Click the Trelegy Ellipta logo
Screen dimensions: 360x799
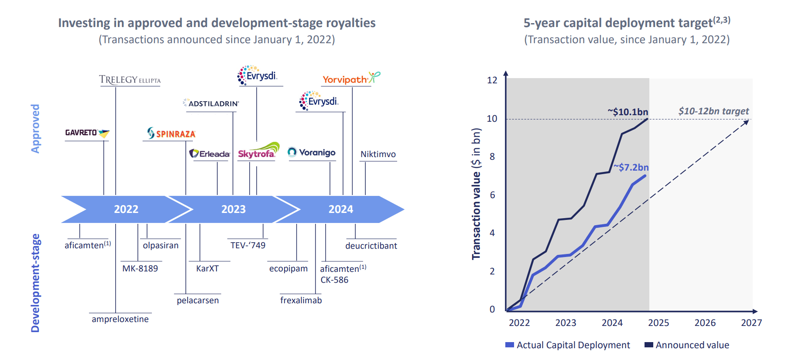(130, 80)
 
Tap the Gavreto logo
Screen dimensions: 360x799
(87, 133)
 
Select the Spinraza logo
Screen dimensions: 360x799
(171, 134)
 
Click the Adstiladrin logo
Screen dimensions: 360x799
(211, 103)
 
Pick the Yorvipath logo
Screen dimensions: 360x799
(351, 79)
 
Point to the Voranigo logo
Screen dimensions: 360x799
(312, 152)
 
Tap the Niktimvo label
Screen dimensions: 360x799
(378, 154)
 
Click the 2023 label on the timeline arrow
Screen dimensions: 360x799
(233, 209)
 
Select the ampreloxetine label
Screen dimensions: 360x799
(120, 319)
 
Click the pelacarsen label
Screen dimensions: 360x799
(198, 300)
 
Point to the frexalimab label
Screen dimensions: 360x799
(301, 300)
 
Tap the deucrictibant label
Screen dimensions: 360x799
(371, 246)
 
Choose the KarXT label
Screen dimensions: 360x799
(207, 268)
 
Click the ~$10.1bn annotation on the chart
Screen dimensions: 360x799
(628, 112)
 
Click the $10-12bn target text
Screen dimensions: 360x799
(713, 111)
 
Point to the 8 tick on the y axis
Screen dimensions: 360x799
(492, 157)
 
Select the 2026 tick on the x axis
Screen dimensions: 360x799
(705, 322)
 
